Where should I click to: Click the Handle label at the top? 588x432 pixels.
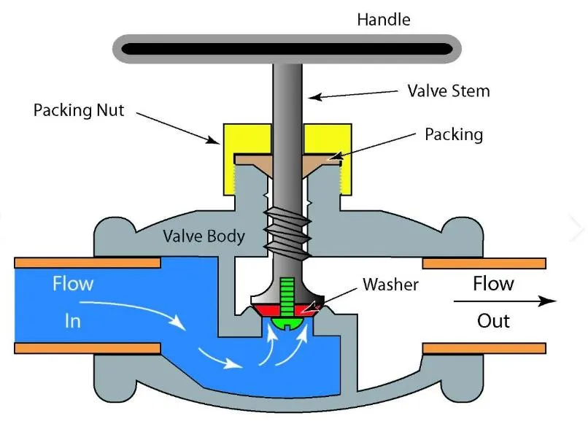point(384,19)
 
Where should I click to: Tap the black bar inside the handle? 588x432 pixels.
point(285,49)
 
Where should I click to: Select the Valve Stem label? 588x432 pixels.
point(448,91)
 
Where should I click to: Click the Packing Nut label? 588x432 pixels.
point(79,111)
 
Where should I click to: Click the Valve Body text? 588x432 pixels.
point(204,236)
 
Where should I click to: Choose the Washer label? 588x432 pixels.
point(390,284)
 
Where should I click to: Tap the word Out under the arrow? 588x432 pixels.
point(493,320)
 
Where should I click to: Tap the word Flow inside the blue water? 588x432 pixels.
point(72,283)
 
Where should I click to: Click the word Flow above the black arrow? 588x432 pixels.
point(493,283)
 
